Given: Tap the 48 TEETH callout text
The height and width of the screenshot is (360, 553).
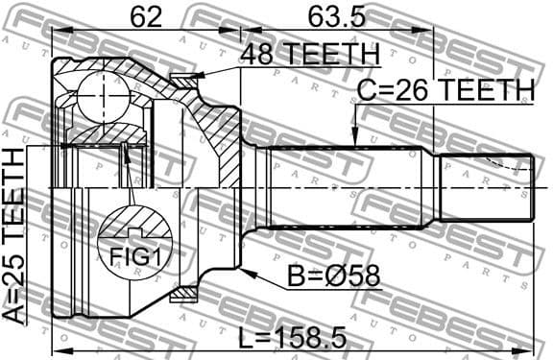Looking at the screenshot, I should click(x=309, y=54).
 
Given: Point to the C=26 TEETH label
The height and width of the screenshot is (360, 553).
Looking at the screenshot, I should click(x=445, y=90).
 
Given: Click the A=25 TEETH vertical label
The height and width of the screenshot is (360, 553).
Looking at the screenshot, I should click(x=17, y=240).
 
